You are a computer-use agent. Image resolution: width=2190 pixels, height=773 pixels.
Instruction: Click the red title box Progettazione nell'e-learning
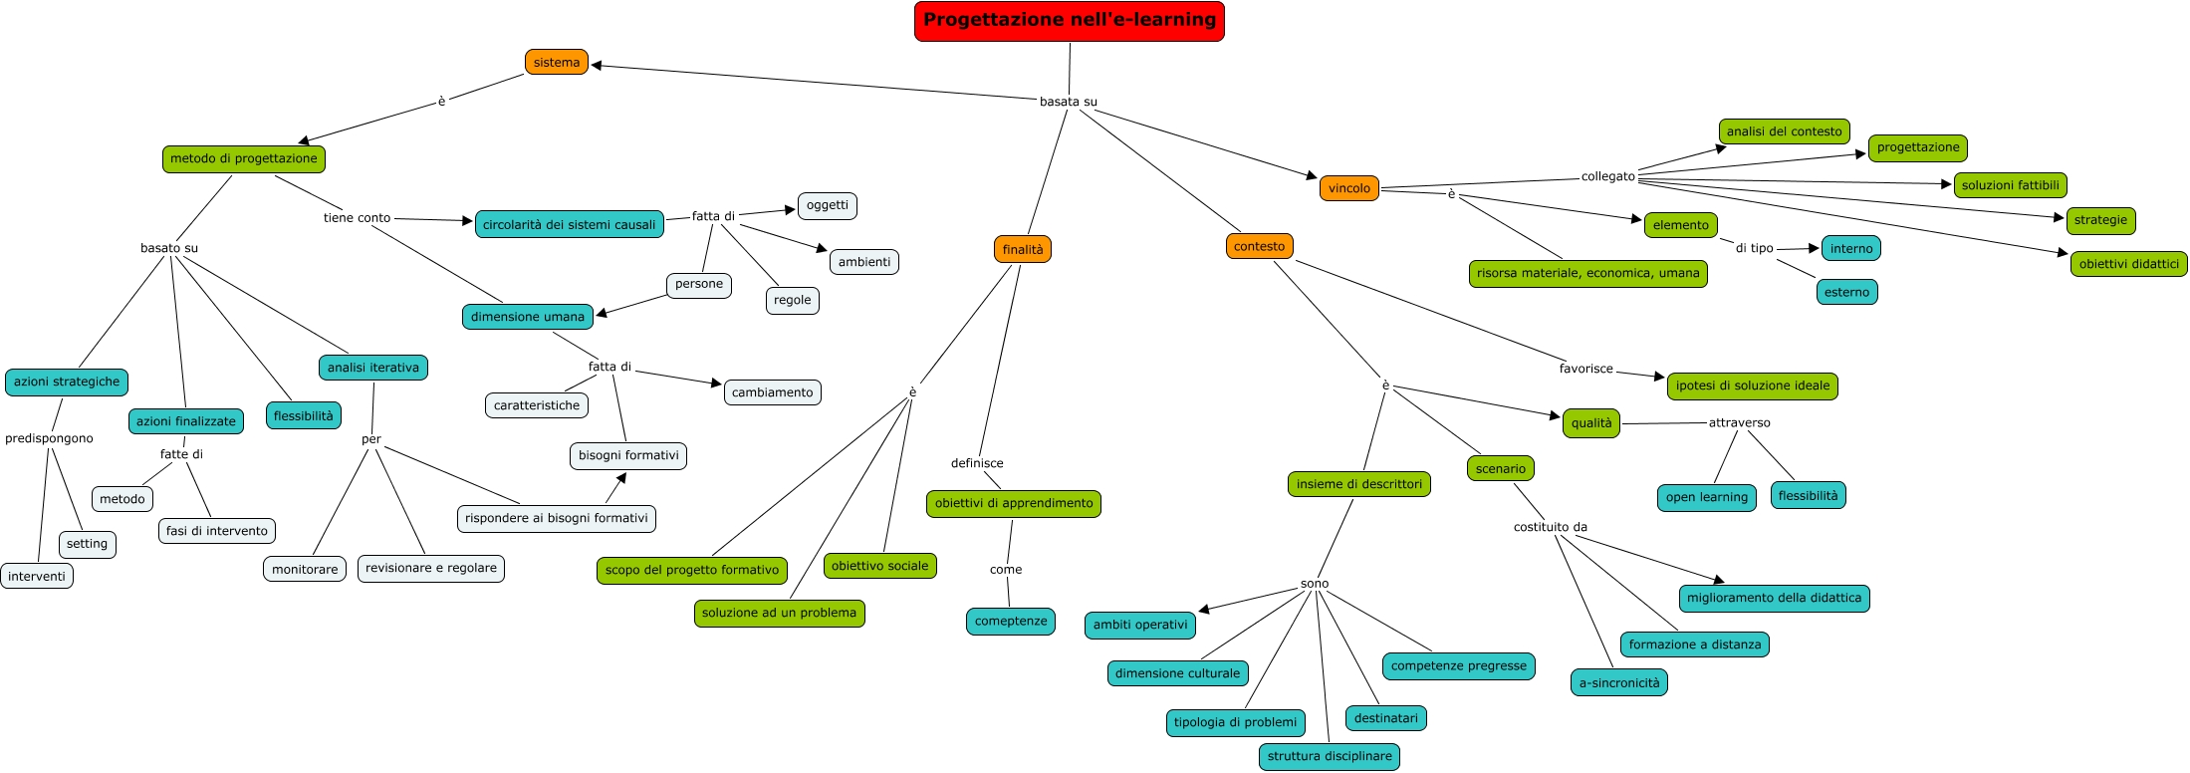pyautogui.click(x=1069, y=21)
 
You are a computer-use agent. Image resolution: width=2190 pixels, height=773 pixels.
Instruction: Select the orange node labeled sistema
pyautogui.click(x=556, y=63)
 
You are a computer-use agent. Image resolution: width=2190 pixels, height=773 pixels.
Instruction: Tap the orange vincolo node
pyautogui.click(x=1348, y=188)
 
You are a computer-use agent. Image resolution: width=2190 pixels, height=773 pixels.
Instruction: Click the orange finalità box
pyautogui.click(x=1022, y=249)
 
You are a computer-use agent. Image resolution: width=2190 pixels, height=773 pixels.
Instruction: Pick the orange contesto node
pyautogui.click(x=1259, y=246)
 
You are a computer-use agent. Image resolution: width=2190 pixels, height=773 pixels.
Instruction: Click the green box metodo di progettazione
pyautogui.click(x=243, y=158)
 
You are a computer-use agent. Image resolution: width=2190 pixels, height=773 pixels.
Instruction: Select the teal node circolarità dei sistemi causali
pyautogui.click(x=569, y=225)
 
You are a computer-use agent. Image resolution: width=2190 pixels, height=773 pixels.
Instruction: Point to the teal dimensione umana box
pyautogui.click(x=527, y=317)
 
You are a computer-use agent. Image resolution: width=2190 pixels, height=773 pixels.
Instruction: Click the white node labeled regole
pyautogui.click(x=792, y=300)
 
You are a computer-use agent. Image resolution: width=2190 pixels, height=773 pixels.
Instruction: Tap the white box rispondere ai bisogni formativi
pyautogui.click(x=556, y=518)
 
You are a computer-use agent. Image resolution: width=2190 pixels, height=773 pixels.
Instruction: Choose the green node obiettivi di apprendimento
pyautogui.click(x=1013, y=503)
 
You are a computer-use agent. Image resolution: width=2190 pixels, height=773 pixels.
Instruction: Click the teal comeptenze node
pyautogui.click(x=1010, y=621)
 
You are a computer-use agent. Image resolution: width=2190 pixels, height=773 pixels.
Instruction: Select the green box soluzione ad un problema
pyautogui.click(x=779, y=613)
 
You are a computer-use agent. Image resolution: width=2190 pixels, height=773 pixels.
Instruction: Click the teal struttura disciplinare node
pyautogui.click(x=1329, y=756)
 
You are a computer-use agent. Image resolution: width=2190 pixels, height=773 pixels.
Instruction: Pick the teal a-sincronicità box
pyautogui.click(x=1618, y=682)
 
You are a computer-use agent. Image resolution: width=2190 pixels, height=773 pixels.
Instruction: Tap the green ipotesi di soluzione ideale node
pyautogui.click(x=1752, y=386)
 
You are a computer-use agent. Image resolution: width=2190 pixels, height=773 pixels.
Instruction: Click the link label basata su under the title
pyautogui.click(x=1068, y=102)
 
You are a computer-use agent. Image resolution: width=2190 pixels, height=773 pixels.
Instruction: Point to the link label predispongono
pyautogui.click(x=49, y=438)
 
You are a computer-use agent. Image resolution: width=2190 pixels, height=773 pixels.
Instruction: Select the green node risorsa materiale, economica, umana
pyautogui.click(x=1587, y=273)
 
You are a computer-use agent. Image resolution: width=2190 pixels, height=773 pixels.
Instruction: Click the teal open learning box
pyautogui.click(x=1706, y=497)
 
